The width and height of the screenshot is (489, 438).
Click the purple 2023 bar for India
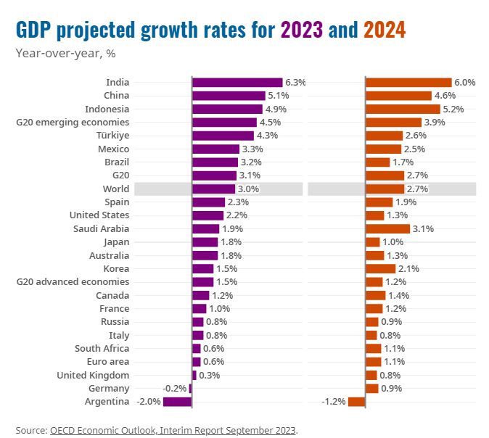237,83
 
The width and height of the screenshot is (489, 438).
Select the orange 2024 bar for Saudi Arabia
388,228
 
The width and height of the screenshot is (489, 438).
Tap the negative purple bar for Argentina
178,402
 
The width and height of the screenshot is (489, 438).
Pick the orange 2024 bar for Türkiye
385,136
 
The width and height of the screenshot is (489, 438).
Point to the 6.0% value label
464,83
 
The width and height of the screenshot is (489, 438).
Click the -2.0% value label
149,402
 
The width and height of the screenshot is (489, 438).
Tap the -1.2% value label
334,402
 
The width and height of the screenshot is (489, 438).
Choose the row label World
116,189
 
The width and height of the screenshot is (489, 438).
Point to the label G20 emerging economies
73,123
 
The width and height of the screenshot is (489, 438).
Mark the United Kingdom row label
94,375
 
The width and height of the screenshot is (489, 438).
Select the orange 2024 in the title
385,30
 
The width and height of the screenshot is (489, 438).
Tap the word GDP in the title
36,30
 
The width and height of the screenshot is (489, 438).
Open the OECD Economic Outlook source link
173,430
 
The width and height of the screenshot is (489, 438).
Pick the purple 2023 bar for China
229,96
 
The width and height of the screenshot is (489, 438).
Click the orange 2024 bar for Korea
381,268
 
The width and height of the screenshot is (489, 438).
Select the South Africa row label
102,348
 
